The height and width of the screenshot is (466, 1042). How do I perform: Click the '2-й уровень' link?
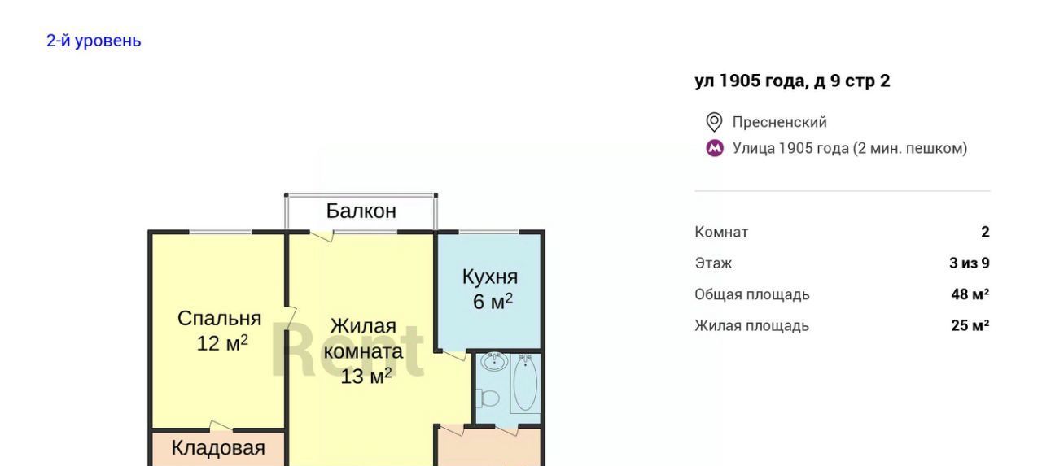pos(94,41)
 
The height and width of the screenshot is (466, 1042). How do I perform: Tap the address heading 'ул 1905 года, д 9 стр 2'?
pos(792,81)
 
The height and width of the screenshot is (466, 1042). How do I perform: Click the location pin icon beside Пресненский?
pos(714,122)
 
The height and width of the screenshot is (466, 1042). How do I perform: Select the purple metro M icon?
pos(715,148)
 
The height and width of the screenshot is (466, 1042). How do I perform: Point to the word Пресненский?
pos(780,122)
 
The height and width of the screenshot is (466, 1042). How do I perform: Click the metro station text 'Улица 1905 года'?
pos(790,148)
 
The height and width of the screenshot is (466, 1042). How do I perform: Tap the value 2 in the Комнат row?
pos(985,232)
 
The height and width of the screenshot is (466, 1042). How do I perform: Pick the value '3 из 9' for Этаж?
pos(970,263)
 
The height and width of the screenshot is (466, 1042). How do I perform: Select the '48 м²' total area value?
pos(970,294)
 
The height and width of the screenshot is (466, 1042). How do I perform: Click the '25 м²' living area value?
pos(970,325)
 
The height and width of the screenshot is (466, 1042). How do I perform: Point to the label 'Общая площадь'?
pos(752,294)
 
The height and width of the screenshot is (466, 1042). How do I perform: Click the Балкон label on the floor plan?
pos(361,211)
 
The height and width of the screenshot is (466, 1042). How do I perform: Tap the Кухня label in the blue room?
pos(490,277)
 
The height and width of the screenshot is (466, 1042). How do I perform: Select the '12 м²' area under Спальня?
pos(222,343)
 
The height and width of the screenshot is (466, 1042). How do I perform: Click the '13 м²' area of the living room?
pos(366,376)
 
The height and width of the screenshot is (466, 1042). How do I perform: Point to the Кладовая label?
pos(218,448)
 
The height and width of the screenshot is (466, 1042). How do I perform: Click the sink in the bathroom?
pos(494,361)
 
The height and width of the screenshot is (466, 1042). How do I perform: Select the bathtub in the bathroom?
pos(525,383)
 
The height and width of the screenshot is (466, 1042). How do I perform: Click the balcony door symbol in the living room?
pos(322,236)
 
